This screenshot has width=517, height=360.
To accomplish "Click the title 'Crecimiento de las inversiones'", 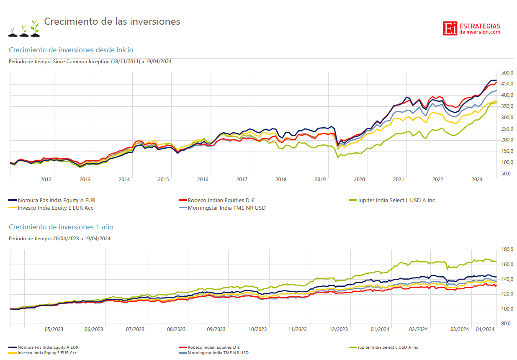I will coord(112,21).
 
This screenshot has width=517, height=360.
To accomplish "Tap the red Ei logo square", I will coord(450,28).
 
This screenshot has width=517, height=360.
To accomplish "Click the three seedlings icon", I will coord(23,28).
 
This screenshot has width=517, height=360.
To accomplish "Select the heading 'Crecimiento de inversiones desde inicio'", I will coord(71,50).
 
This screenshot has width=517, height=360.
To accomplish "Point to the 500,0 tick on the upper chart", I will coord(507,73).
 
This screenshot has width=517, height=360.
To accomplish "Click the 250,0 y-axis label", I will coord(507,129).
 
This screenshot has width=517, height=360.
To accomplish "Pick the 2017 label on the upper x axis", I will coord(242,180).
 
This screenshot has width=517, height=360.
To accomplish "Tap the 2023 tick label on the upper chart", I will coord(476,180).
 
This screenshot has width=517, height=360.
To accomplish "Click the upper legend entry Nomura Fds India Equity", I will coord(56,201).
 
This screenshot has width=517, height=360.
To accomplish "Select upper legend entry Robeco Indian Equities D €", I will coord(221,201).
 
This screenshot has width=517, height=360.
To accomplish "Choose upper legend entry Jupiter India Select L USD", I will coord(396,201).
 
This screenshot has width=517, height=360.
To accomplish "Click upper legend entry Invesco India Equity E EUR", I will coord(55,208).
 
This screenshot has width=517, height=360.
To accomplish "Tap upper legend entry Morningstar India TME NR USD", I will coord(226,208).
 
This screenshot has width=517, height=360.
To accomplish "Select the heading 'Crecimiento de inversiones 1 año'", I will coord(61,227).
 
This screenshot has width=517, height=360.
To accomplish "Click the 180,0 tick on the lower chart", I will coord(507,250).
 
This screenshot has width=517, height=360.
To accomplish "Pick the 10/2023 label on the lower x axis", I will coord(257,329).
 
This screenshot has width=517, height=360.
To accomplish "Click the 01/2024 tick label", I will coord(380,329).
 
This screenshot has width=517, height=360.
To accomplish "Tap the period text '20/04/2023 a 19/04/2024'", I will coord(81,239).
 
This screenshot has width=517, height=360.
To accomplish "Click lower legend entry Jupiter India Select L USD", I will coord(387,347).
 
